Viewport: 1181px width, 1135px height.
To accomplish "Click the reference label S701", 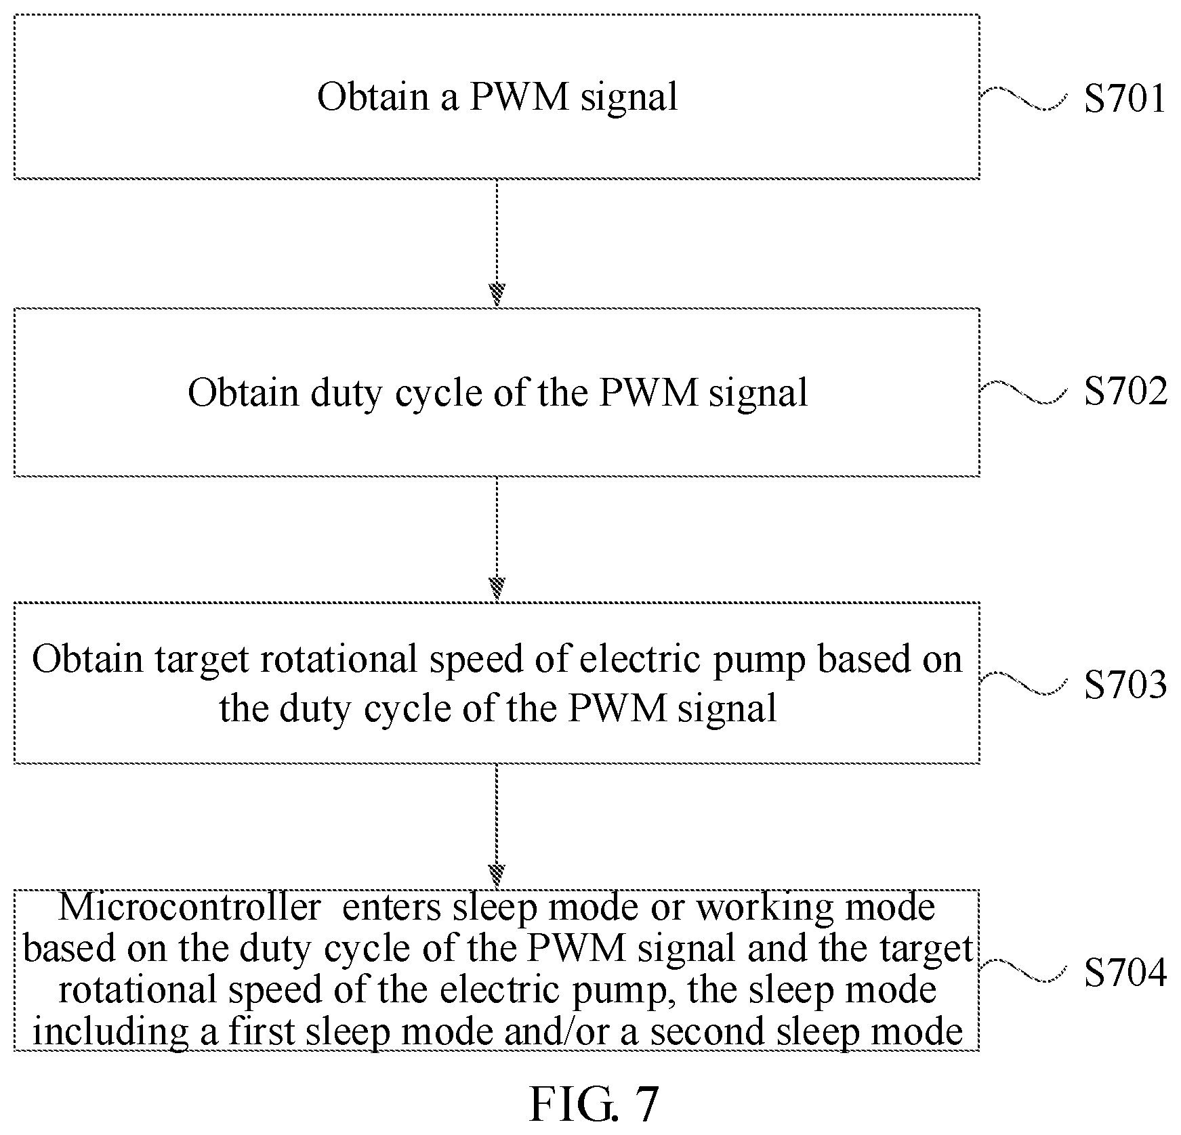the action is pyautogui.click(x=1124, y=98).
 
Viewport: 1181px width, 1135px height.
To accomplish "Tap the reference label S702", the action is pyautogui.click(x=1125, y=391).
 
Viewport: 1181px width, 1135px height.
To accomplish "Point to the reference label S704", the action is pyautogui.click(x=1125, y=973).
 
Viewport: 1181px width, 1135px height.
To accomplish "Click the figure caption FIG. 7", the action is pyautogui.click(x=593, y=1104).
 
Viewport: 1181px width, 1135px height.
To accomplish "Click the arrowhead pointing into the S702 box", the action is pyautogui.click(x=497, y=295).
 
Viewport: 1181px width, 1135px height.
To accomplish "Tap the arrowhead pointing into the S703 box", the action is pyautogui.click(x=497, y=588).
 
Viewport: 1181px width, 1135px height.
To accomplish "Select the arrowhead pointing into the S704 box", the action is pyautogui.click(x=497, y=876).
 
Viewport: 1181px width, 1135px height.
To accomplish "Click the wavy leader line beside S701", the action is pyautogui.click(x=1024, y=99).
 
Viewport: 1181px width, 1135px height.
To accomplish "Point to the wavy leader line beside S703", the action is pyautogui.click(x=1024, y=684).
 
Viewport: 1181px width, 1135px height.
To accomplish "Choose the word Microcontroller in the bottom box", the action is pyautogui.click(x=190, y=907).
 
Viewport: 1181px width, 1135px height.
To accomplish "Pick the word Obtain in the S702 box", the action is pyautogui.click(x=243, y=392).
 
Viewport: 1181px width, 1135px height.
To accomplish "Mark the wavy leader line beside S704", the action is pyautogui.click(x=1024, y=971).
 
